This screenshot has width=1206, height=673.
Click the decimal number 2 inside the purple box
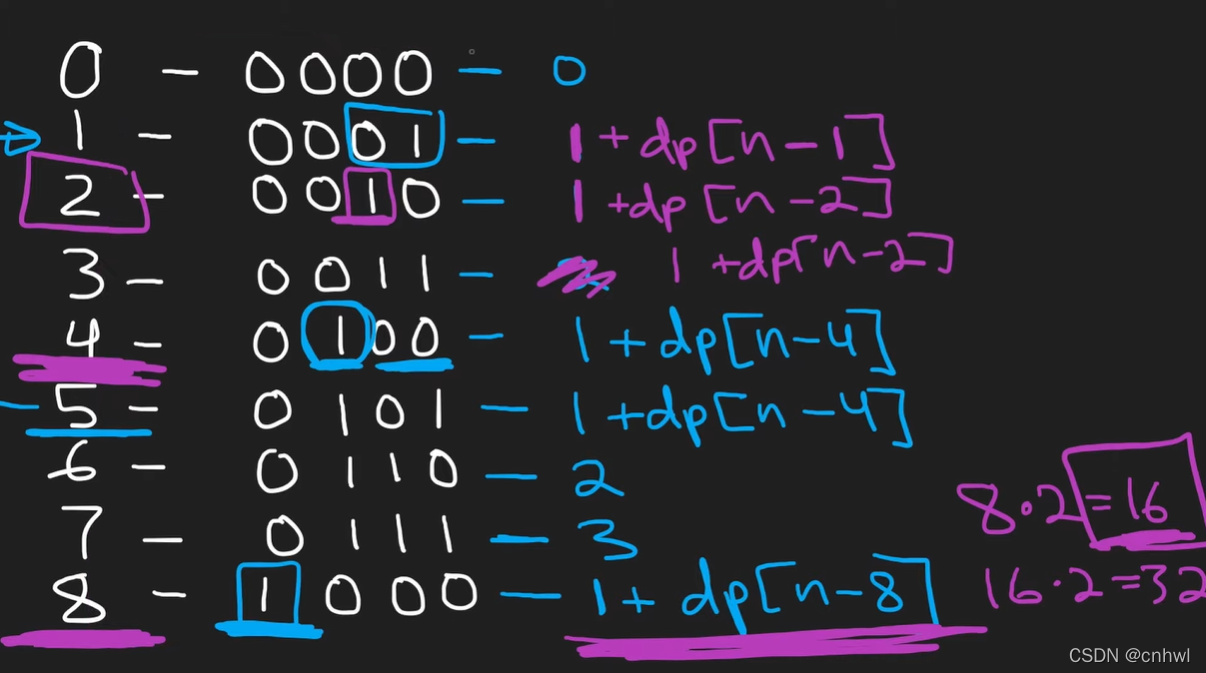point(80,196)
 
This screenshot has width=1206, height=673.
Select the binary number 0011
point(344,274)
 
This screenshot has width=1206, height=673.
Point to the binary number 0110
point(356,471)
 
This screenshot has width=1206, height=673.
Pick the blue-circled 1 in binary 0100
point(338,337)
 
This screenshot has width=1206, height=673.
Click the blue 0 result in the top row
point(568,70)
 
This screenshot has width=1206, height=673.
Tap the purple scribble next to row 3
point(574,277)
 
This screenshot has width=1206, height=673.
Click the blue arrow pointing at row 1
point(20,140)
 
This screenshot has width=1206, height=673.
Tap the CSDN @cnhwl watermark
point(1129,656)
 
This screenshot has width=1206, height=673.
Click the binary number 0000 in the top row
point(340,72)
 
